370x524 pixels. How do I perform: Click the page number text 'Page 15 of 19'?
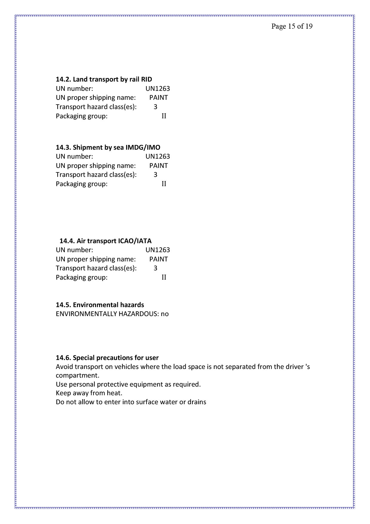292,26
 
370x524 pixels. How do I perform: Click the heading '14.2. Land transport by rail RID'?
104,79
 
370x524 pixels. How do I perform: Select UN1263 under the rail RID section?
158,88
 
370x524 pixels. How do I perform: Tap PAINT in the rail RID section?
158,98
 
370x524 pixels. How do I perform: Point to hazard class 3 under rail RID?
155,107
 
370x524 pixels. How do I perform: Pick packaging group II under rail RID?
164,116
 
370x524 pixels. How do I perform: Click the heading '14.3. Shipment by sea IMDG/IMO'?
108,147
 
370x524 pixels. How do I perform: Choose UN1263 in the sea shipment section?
158,156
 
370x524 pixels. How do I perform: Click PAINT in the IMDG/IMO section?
158,166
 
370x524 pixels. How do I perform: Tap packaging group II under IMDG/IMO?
164,184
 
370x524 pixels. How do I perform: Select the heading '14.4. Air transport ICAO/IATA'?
105,241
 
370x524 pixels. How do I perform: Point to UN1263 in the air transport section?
158,250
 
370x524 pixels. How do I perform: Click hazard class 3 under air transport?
155,268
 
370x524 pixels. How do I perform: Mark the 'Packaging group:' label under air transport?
81,277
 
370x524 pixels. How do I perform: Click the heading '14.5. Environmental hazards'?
100,305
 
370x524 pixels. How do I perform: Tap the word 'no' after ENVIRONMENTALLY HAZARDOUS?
165,314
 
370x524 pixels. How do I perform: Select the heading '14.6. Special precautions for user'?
107,358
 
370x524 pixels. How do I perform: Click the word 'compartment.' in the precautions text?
77,375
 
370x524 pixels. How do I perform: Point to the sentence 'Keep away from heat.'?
89,393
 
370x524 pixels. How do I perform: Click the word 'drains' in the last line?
197,402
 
